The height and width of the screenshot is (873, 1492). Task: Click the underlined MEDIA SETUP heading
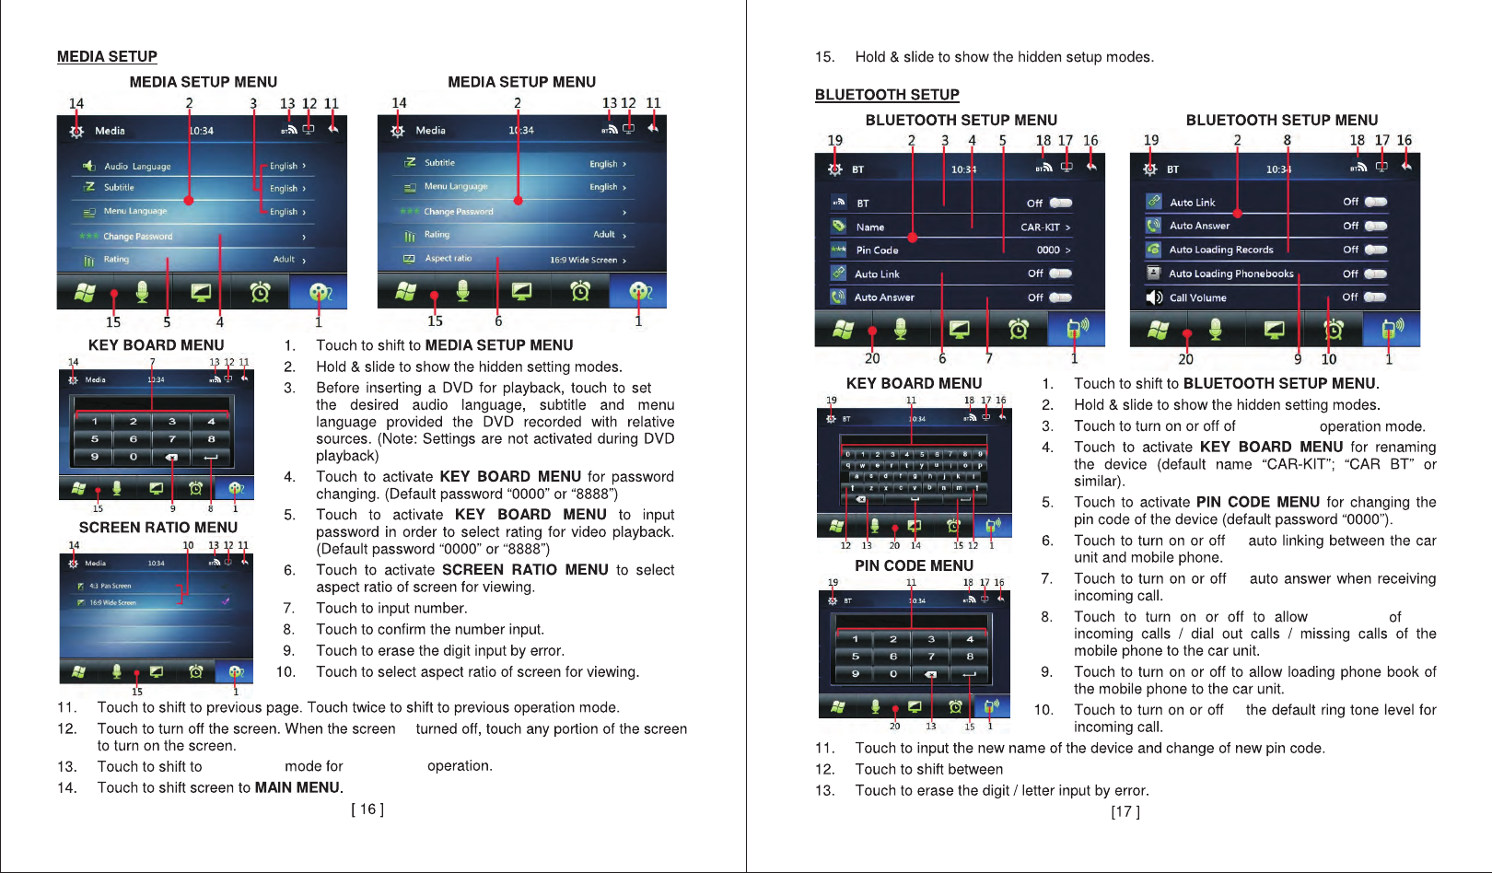tap(107, 57)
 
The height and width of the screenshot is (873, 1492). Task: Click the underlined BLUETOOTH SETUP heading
tap(887, 95)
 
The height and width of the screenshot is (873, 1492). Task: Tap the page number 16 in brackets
tap(367, 809)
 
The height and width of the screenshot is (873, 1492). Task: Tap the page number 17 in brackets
tap(1125, 812)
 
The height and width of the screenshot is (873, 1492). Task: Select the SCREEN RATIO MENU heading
tap(158, 528)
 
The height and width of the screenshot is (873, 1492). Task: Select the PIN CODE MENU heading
tap(914, 566)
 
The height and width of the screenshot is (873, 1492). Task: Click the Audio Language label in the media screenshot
tap(137, 167)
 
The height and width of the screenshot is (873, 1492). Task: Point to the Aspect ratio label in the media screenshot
tap(448, 259)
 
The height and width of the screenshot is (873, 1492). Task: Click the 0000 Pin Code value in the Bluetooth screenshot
tap(1048, 250)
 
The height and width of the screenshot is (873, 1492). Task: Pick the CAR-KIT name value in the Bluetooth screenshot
tap(1040, 227)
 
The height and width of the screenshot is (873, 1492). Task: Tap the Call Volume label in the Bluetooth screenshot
tap(1197, 298)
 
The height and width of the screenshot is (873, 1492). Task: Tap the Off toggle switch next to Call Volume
tap(1375, 297)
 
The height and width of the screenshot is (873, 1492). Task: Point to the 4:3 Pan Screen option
tap(110, 586)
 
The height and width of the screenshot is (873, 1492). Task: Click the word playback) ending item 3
tap(347, 456)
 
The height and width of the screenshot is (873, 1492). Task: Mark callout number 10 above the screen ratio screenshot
tap(188, 545)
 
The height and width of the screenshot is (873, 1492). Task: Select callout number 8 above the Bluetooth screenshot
tap(1287, 141)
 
